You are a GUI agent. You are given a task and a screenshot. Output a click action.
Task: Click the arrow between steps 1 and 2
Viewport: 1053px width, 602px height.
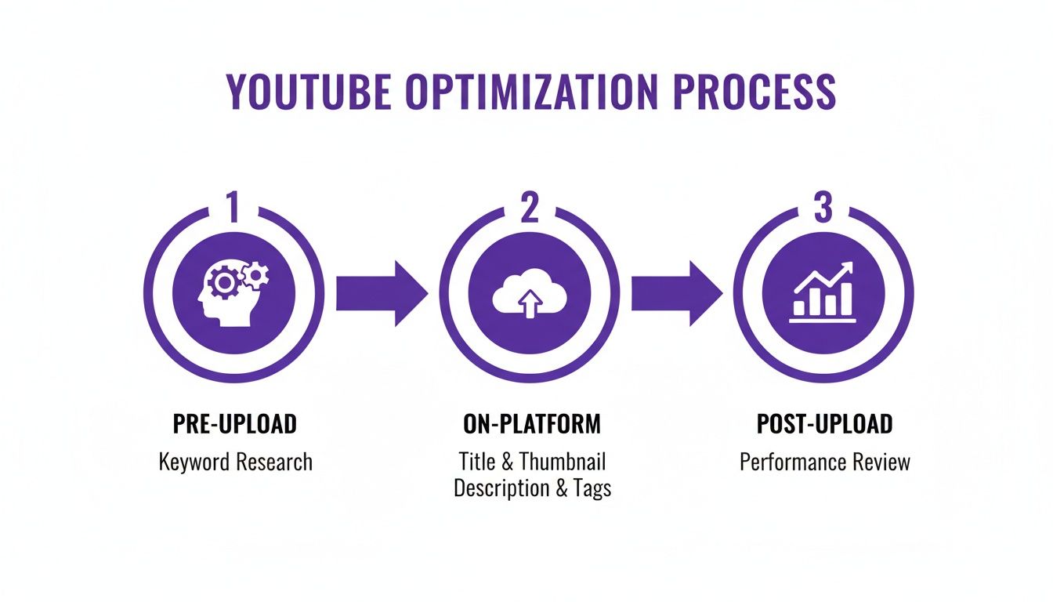[382, 293]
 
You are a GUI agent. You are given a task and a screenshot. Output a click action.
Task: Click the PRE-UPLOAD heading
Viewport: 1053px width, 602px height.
[234, 424]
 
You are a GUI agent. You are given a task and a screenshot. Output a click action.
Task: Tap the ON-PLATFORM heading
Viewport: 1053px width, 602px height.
[531, 424]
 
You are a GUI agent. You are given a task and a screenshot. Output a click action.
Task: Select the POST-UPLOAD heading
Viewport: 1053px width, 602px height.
[824, 424]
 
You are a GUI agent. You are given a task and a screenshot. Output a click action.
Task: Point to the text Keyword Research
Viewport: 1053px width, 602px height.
[235, 462]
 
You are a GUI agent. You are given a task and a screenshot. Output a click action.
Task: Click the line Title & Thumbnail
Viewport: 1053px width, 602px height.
[531, 461]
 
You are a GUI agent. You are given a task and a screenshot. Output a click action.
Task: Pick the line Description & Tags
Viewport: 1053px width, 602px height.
[532, 488]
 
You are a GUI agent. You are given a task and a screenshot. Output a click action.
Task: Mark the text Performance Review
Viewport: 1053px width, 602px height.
[824, 462]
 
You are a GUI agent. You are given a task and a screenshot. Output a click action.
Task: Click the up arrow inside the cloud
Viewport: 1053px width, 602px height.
[530, 303]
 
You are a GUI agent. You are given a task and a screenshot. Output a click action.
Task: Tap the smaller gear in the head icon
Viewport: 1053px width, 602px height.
[255, 274]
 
